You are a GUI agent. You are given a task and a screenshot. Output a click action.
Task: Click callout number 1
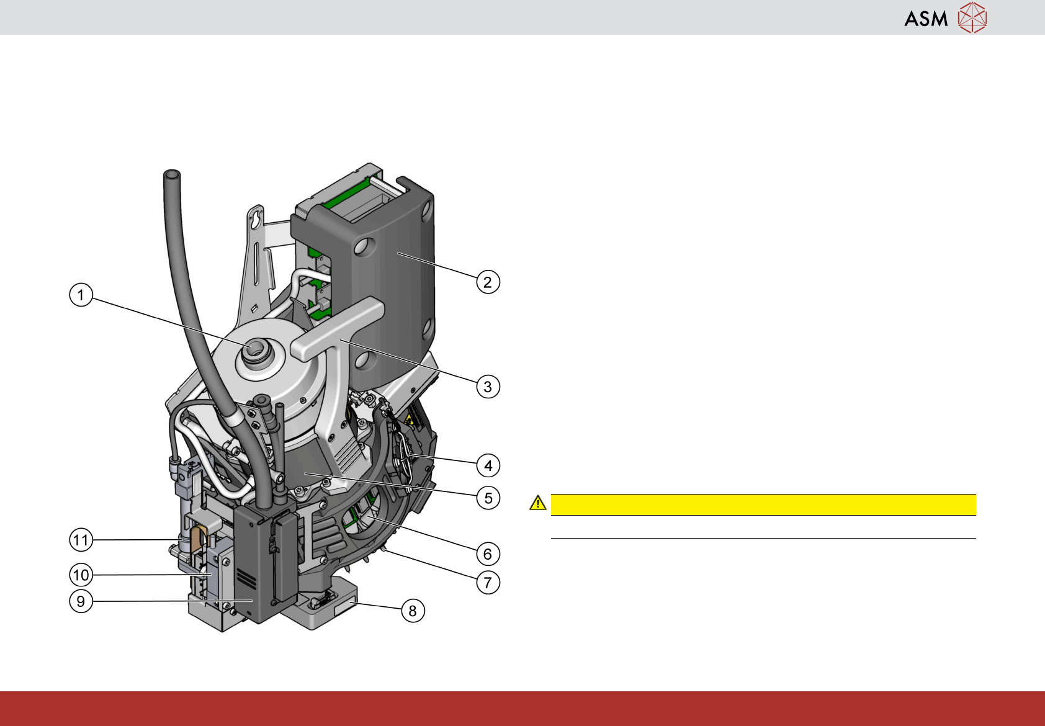81,295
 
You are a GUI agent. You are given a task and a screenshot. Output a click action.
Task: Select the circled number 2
488,282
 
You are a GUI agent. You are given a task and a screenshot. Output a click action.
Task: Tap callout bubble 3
488,387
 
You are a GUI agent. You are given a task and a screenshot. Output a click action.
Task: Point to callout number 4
488,465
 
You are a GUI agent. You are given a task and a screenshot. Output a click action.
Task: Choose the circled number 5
488,498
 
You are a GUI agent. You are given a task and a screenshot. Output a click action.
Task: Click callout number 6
488,554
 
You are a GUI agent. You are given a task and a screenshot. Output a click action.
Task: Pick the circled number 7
488,582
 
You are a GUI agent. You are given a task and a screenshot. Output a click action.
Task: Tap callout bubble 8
413,611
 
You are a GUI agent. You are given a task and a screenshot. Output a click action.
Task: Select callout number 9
81,601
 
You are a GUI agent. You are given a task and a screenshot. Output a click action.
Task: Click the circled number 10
81,575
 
